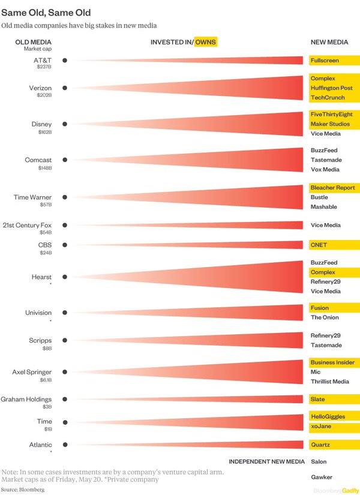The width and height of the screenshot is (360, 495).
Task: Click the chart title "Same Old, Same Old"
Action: click(46, 11)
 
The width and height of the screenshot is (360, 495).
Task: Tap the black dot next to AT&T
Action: click(65, 61)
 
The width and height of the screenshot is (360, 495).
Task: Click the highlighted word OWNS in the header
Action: click(205, 42)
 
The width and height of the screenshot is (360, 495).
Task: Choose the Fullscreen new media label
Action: click(325, 61)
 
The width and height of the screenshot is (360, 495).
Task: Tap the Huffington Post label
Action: click(331, 88)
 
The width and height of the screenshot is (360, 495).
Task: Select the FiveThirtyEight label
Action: click(331, 114)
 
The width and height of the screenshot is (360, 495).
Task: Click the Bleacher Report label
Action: click(332, 188)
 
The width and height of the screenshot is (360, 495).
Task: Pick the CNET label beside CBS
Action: click(319, 245)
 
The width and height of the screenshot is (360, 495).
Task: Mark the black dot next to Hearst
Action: click(65, 277)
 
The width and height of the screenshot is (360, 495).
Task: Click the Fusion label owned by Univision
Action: click(320, 308)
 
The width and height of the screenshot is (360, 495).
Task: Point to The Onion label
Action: click(325, 317)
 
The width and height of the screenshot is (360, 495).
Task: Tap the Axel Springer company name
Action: click(32, 372)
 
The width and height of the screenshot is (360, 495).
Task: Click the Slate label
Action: click(318, 399)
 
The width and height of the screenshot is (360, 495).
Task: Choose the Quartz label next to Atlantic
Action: click(320, 445)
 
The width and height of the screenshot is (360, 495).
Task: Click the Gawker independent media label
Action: click(321, 477)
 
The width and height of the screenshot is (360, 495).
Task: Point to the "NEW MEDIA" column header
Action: click(329, 42)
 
